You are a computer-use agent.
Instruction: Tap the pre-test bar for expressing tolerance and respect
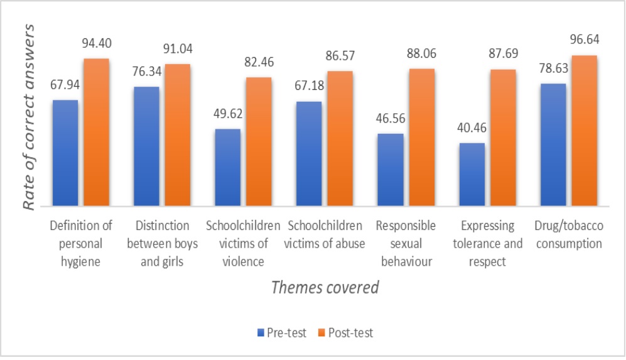[x=472, y=174]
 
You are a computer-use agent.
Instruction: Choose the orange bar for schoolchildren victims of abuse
[x=340, y=138]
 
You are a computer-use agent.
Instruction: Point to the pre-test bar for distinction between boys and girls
[x=146, y=146]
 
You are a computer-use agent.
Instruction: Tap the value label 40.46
[x=471, y=128]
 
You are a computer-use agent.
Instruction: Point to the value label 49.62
[x=227, y=114]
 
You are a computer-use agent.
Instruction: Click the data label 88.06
[x=421, y=53]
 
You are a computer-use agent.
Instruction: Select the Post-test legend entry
[x=346, y=333]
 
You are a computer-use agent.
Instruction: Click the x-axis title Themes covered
[x=325, y=288]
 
